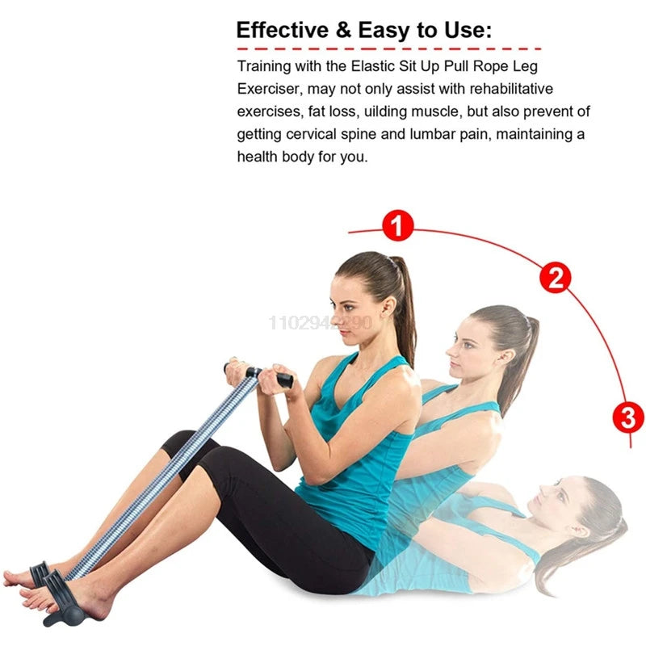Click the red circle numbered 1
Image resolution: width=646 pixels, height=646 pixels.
[x=396, y=225]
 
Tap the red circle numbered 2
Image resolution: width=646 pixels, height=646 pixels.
[x=555, y=278]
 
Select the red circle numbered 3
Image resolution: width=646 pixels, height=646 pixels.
[x=628, y=417]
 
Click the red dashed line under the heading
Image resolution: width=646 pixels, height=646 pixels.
[x=388, y=49]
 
